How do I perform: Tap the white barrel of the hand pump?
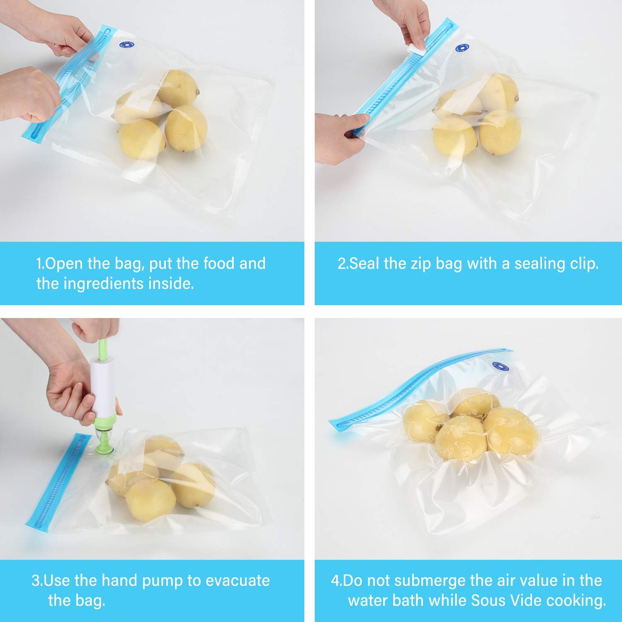pyautogui.click(x=102, y=388)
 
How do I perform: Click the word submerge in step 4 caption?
pyautogui.click(x=426, y=581)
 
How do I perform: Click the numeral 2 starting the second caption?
pyautogui.click(x=342, y=264)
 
